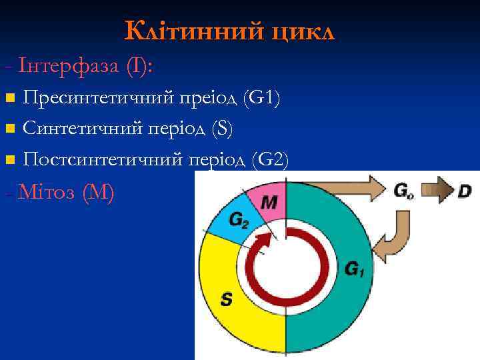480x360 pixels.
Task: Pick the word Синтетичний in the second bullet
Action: (x=80, y=129)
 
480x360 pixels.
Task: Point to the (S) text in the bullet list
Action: (x=221, y=129)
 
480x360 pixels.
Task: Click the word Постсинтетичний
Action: (x=103, y=160)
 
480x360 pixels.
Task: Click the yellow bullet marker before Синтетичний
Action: (x=9, y=129)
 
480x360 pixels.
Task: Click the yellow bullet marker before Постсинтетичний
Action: (x=9, y=160)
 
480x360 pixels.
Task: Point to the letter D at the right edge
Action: (x=465, y=191)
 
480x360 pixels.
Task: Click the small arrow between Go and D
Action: (x=437, y=191)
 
